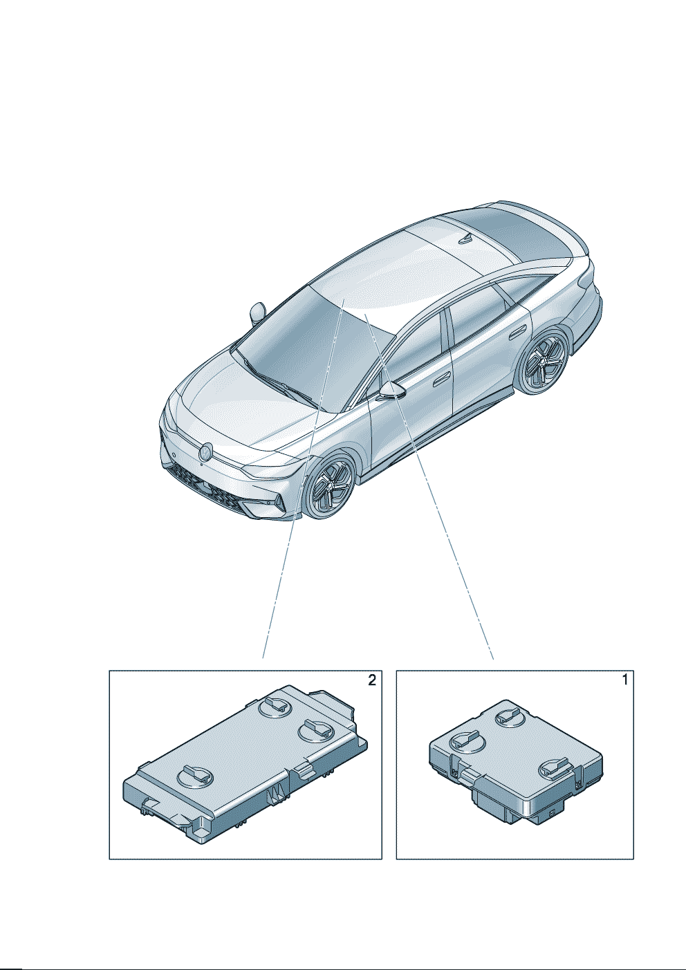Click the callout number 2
(x=372, y=680)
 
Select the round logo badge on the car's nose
(x=205, y=452)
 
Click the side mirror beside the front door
(x=392, y=391)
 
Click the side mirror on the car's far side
(x=258, y=313)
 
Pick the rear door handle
(x=517, y=335)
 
